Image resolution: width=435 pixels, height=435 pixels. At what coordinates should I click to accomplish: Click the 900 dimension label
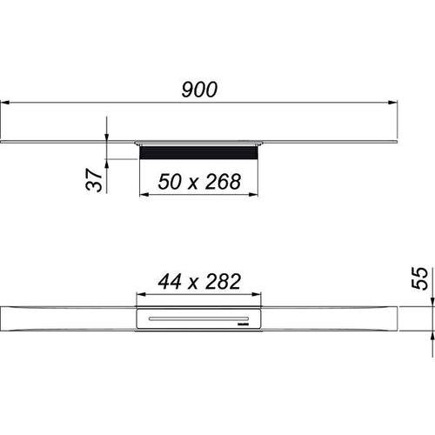coord(199,90)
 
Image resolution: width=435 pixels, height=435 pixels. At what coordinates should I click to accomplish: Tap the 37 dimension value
coord(94,180)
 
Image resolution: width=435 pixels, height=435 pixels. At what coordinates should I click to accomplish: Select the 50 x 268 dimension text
coord(199,182)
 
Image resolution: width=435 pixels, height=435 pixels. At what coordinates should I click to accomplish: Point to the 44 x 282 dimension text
coord(199,282)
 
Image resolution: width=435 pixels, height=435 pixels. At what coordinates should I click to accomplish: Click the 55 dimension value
coord(419,278)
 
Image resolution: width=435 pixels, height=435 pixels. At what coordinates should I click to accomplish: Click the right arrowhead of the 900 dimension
coord(392,103)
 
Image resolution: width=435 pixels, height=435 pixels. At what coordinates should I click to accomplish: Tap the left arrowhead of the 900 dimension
coord(5,103)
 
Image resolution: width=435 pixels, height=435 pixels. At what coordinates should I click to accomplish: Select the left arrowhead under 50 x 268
coord(144,194)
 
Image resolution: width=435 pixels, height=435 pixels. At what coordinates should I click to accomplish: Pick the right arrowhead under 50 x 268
coord(253,194)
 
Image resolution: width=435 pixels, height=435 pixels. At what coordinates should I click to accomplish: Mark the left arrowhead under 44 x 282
coord(141,294)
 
